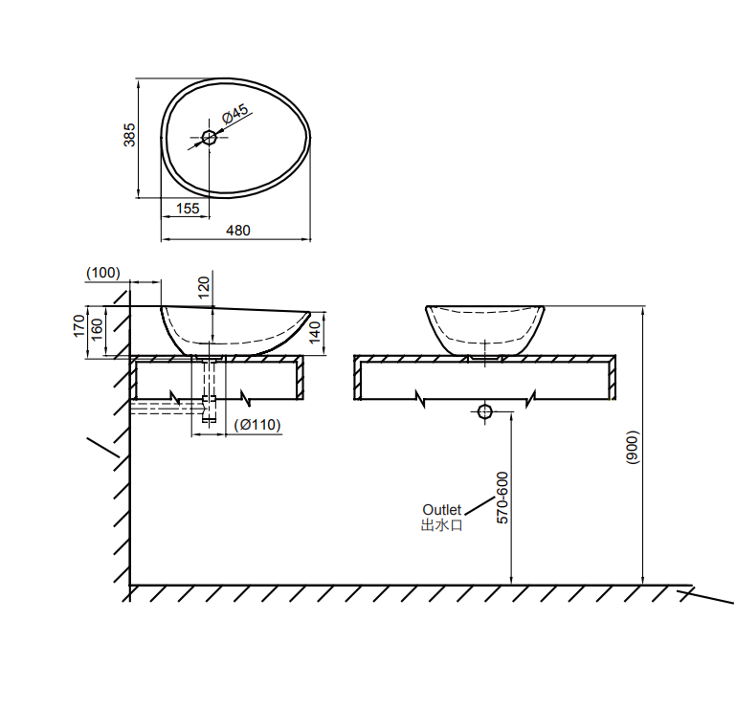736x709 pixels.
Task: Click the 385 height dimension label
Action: click(x=129, y=135)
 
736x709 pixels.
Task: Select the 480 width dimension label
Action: click(x=238, y=231)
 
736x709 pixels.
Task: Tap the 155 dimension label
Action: click(x=188, y=209)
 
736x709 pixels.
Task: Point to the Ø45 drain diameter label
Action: click(x=235, y=113)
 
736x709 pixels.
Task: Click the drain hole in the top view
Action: click(x=209, y=138)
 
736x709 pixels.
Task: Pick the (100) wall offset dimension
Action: click(x=103, y=273)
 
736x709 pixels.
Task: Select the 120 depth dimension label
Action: click(x=204, y=288)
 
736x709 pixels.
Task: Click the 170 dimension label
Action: click(x=78, y=325)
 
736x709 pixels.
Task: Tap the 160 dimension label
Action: click(x=97, y=330)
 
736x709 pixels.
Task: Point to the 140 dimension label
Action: click(x=315, y=332)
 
